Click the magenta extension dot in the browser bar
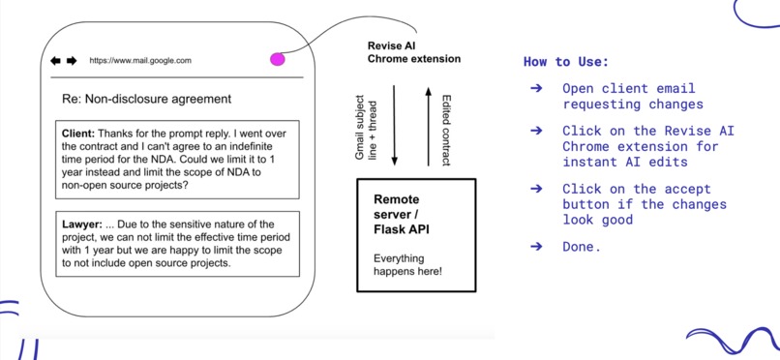point(278,60)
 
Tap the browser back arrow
point(56,61)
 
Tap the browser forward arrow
point(72,61)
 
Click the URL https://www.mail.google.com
point(140,61)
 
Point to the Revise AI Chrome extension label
point(413,52)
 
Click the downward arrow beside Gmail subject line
point(394,126)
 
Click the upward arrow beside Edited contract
point(427,126)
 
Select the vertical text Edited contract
point(446,128)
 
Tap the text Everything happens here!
point(407,264)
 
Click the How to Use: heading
point(566,62)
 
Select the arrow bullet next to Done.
point(536,247)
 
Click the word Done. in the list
point(582,247)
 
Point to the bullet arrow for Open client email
point(536,88)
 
